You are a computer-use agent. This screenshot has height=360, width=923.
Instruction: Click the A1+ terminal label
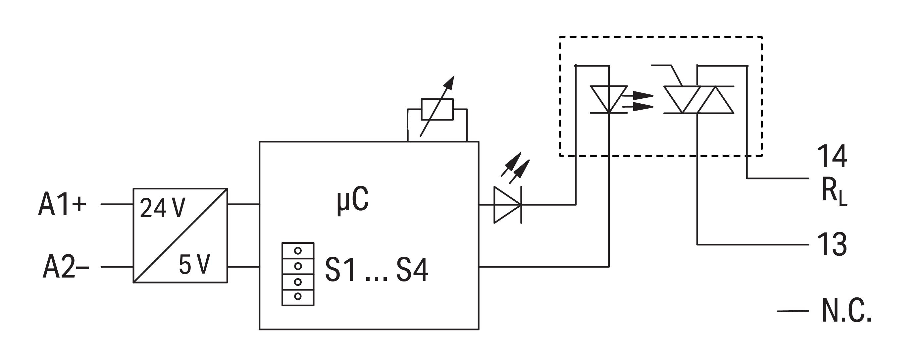tap(62, 205)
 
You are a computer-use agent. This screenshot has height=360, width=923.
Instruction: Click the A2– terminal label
tap(66, 267)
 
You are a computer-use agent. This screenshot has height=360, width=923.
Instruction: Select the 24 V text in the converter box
tap(163, 208)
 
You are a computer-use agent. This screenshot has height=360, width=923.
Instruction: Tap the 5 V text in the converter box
tap(194, 265)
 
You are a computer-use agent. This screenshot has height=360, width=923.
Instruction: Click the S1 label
tap(340, 270)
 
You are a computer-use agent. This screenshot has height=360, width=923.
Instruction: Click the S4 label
tap(412, 270)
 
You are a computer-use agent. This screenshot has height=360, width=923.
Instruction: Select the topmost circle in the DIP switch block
tap(298, 251)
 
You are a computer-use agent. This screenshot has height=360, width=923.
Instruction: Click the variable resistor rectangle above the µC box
tap(437, 109)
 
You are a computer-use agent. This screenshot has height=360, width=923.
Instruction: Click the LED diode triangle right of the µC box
tap(507, 205)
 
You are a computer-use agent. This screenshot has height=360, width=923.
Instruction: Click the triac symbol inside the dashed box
tap(698, 100)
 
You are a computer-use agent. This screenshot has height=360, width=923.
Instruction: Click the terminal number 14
tap(832, 157)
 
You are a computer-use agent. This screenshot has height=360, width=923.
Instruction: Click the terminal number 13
tap(832, 244)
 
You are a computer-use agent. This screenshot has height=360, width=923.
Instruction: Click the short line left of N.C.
tap(793, 311)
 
